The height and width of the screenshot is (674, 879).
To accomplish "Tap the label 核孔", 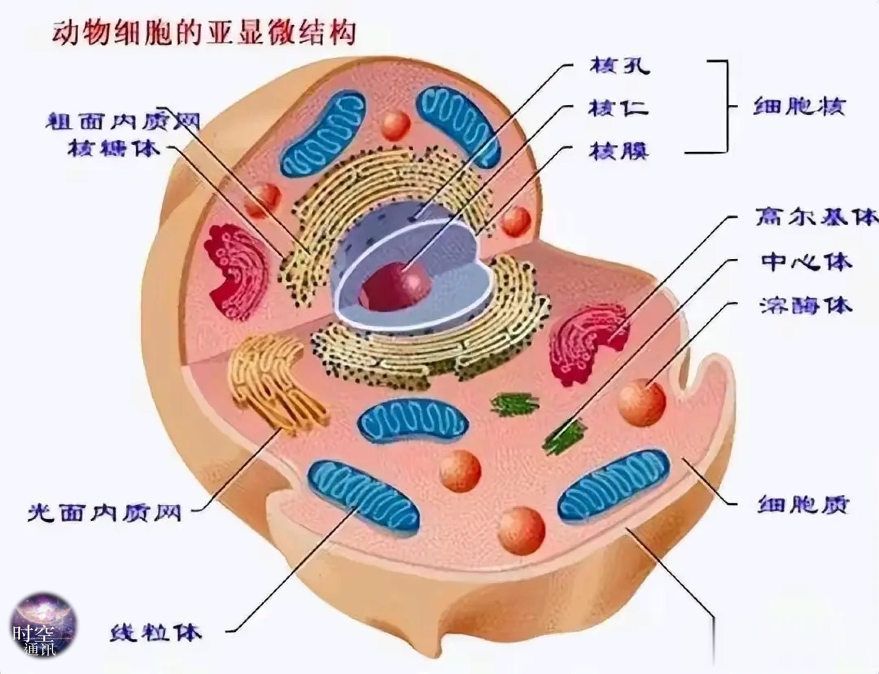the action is [620, 66].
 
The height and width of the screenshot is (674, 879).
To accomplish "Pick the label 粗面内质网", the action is [123, 119].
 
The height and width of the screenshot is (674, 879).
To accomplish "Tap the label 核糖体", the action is [114, 150].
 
